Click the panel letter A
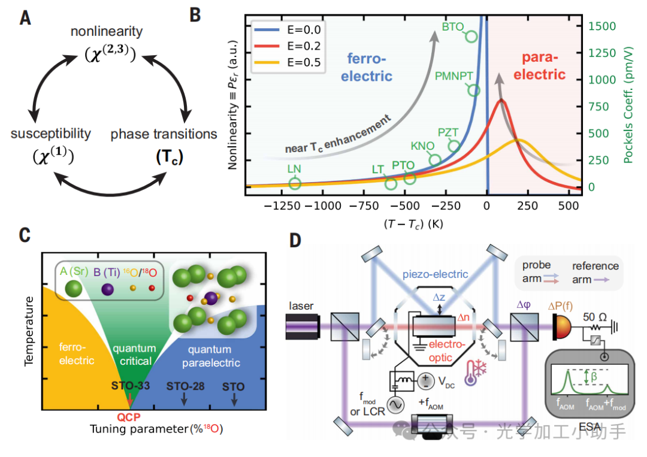click(x=25, y=18)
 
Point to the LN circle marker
click(x=294, y=183)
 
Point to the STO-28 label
click(x=185, y=386)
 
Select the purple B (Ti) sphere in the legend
click(x=108, y=289)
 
